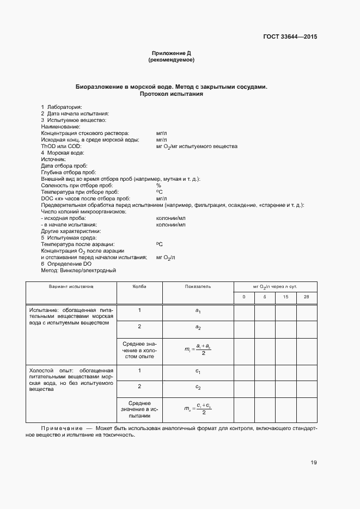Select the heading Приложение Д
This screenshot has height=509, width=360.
click(171, 53)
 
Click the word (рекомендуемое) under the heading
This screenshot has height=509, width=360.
click(171, 60)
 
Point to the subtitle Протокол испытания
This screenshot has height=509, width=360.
click(171, 94)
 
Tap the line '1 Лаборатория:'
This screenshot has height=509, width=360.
click(62, 107)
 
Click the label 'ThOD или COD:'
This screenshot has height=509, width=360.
click(59, 146)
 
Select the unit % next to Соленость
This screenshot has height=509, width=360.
click(158, 186)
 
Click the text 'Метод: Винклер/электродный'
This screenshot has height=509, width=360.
click(78, 270)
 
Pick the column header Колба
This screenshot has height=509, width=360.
click(139, 286)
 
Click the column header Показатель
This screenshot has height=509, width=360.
click(198, 286)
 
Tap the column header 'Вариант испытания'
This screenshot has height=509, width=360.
click(71, 286)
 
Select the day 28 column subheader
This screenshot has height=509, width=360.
click(306, 297)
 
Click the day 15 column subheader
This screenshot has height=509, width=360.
click(285, 297)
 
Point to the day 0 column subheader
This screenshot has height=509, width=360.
click(244, 297)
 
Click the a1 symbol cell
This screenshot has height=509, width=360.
click(198, 311)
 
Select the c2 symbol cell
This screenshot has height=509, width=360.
click(198, 387)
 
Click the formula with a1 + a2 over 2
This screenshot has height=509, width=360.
click(198, 349)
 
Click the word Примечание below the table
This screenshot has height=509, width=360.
click(62, 428)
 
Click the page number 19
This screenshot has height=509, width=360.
click(314, 463)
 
